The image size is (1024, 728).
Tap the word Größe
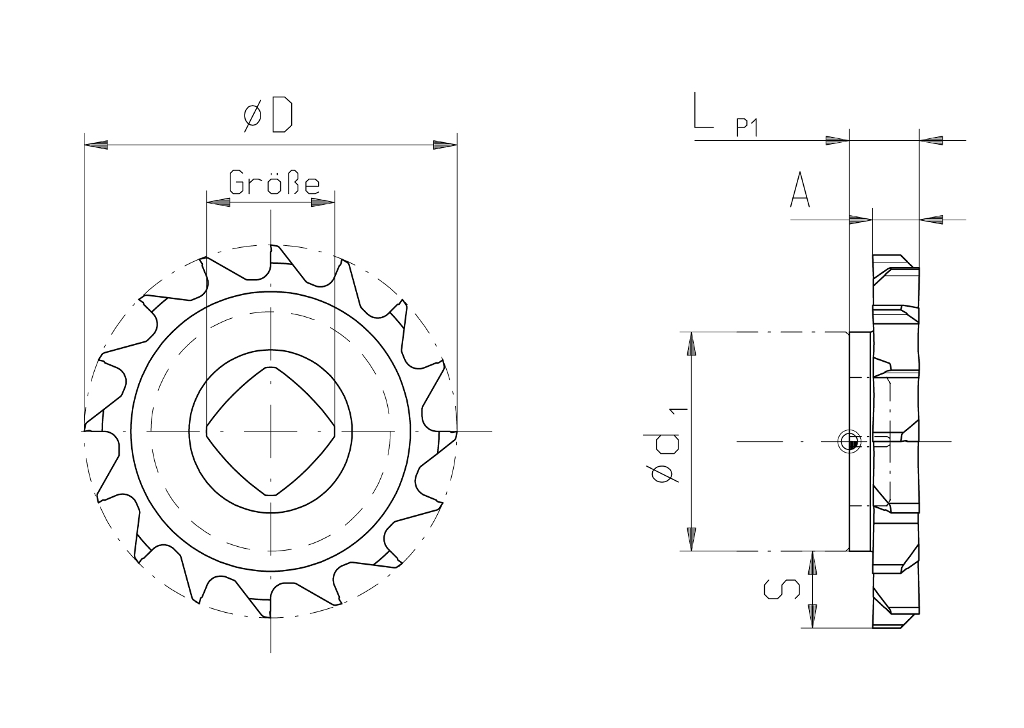point(275,182)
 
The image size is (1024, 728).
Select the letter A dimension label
point(800,190)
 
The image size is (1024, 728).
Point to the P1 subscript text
point(747,127)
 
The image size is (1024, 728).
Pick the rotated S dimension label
point(781,590)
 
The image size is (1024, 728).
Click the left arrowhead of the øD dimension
point(96,145)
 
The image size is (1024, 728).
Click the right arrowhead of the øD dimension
point(445,145)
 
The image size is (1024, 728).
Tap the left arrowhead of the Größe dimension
point(218,202)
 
